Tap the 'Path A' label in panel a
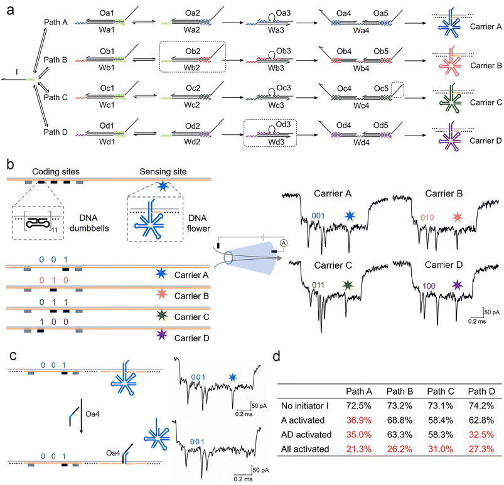(x=56, y=23)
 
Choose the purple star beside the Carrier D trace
(x=458, y=285)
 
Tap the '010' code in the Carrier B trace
(x=429, y=216)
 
